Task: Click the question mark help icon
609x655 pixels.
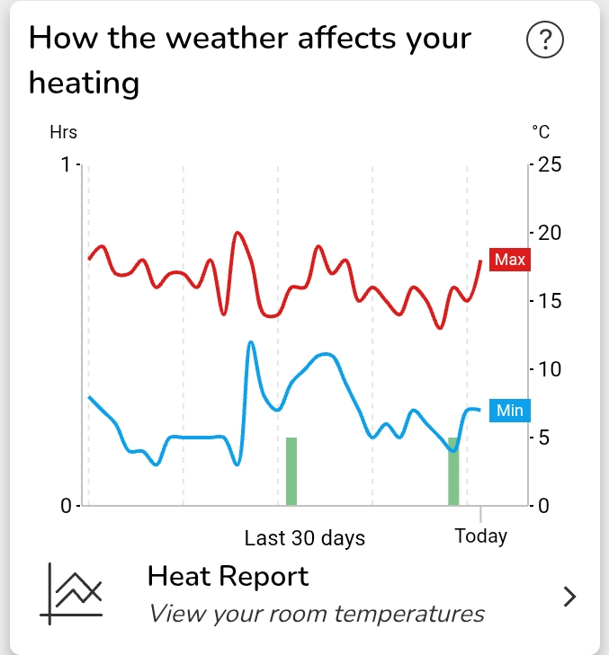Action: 544,40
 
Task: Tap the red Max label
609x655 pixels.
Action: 509,260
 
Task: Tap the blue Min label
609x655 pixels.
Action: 509,411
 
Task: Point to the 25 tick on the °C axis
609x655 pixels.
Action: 550,165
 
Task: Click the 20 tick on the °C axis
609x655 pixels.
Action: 550,233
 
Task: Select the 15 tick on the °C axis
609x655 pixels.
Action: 550,301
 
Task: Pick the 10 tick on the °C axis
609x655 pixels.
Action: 550,369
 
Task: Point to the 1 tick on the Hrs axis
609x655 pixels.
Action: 65,165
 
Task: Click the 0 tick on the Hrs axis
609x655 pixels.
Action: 65,506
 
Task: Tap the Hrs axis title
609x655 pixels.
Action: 63,132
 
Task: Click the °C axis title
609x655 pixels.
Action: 541,132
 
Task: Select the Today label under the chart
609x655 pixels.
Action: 480,536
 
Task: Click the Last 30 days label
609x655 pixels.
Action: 305,538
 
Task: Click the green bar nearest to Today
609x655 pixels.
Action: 453,472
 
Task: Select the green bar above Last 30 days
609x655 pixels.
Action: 291,472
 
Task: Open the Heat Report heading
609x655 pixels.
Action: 228,576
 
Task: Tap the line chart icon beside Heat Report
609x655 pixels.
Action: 72,593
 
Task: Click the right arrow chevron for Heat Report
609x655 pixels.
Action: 569,596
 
